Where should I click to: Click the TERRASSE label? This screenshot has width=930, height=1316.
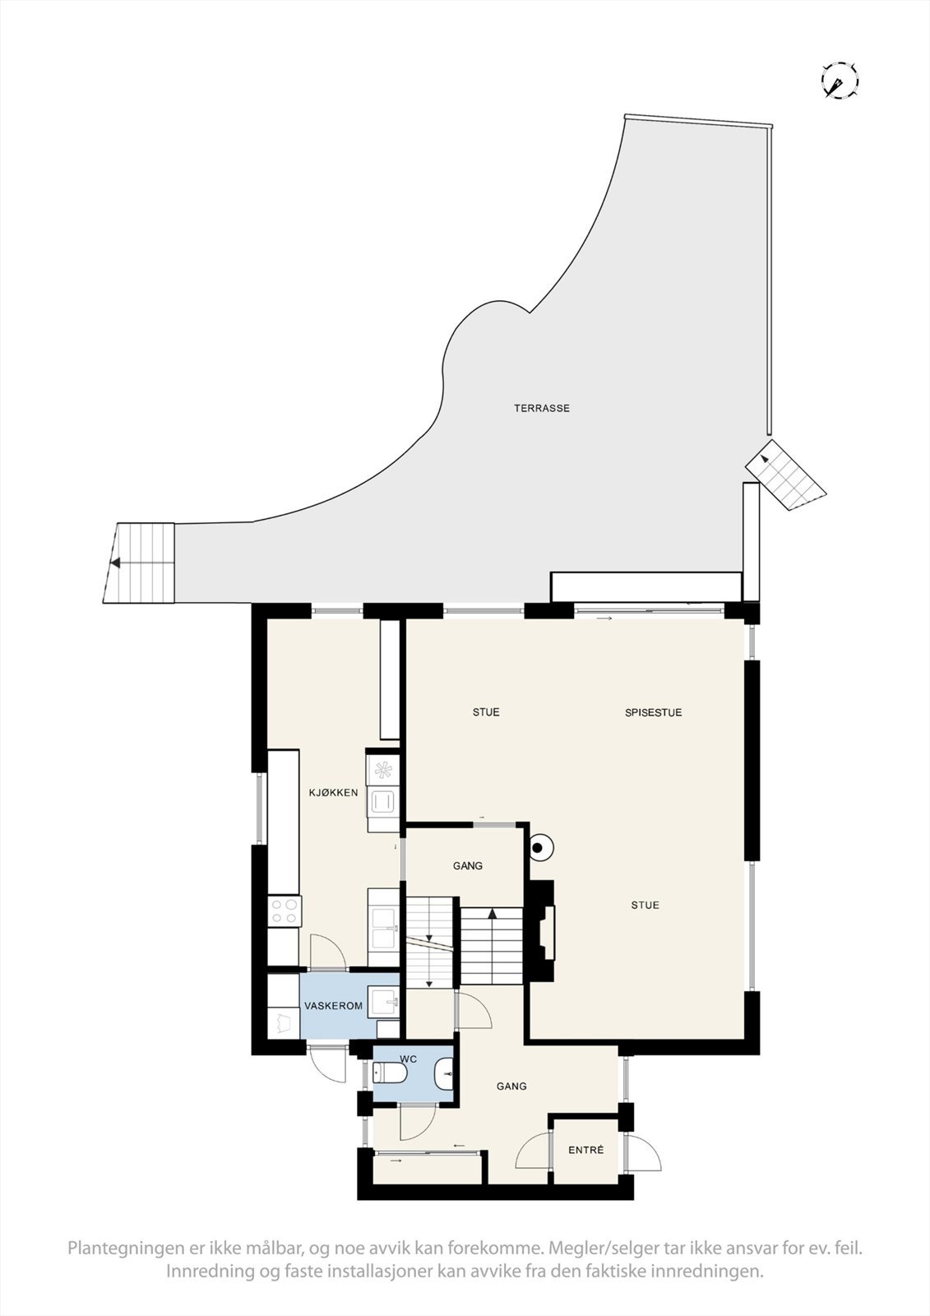[x=542, y=408]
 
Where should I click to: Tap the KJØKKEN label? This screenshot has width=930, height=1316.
[x=333, y=793]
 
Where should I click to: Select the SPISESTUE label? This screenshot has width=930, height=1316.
[x=653, y=712]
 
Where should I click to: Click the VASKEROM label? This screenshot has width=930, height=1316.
[x=333, y=1006]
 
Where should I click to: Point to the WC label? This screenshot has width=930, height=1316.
[x=409, y=1059]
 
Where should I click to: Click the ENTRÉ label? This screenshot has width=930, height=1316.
[x=585, y=1150]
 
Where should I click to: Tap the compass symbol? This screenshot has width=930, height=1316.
[x=840, y=81]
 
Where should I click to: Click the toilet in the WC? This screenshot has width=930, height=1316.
[x=390, y=1073]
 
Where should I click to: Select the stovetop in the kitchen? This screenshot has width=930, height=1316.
[x=285, y=910]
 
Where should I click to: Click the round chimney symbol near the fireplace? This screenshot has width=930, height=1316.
[x=539, y=846]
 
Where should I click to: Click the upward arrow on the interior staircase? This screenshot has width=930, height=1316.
[x=492, y=913]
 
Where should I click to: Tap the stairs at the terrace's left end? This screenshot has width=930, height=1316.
[x=141, y=563]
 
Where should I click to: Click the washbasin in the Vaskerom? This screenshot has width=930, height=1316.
[x=384, y=1002]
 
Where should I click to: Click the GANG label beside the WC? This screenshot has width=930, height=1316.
[x=511, y=1087]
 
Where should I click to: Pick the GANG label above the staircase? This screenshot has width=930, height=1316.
[x=467, y=866]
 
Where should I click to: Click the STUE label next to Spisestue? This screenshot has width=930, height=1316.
[x=485, y=712]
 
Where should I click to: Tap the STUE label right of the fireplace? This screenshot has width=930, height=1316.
[x=645, y=906]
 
